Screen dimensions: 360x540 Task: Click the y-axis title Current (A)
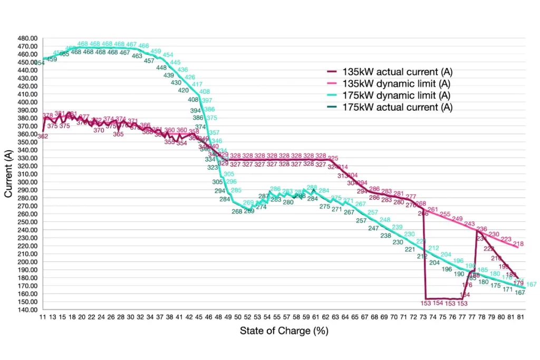8,173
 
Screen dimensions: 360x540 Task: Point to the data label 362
43,137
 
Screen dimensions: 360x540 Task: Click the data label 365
118,134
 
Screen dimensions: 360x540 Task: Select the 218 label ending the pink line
518,244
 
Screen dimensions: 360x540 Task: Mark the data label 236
481,229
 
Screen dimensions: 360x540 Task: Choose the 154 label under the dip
439,303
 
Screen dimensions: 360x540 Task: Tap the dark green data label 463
137,55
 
